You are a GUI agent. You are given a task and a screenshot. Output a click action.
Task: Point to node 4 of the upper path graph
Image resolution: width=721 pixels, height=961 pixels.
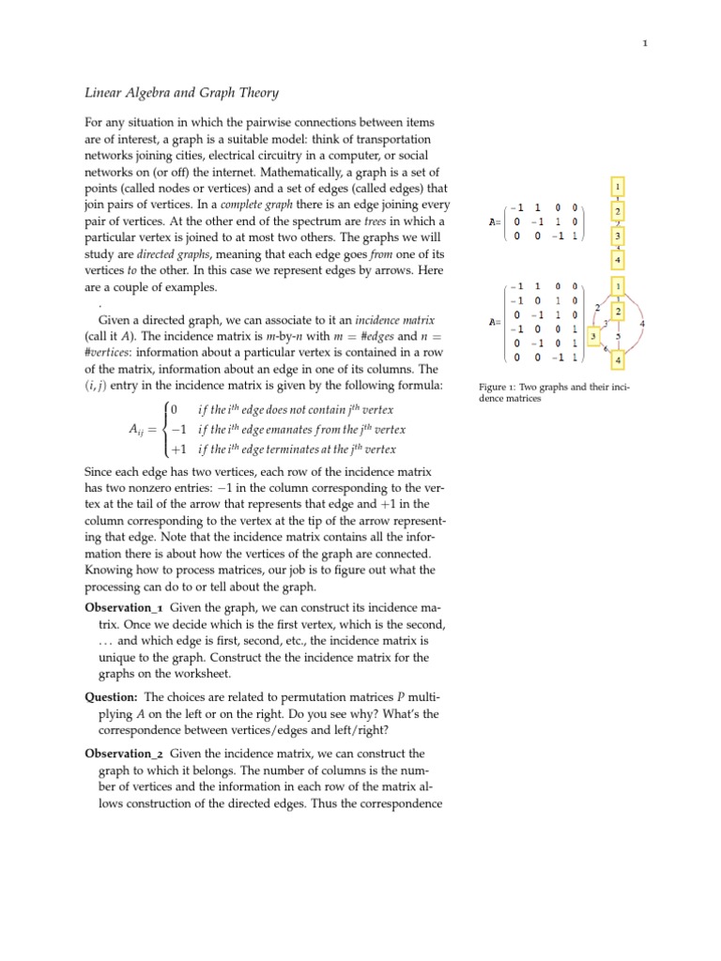(618, 258)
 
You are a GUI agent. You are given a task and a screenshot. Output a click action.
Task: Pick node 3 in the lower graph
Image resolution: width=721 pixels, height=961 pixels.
(592, 335)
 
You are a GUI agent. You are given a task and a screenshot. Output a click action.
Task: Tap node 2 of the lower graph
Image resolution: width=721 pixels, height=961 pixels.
(618, 311)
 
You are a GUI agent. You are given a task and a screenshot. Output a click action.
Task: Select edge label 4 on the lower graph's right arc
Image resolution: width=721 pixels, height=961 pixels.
(641, 324)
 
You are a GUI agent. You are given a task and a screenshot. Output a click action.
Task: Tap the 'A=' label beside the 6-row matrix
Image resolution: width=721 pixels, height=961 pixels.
(495, 322)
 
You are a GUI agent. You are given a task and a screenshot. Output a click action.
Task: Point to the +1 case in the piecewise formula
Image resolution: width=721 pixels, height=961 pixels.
(177, 449)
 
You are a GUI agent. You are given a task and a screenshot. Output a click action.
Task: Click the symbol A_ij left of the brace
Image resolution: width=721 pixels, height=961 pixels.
(139, 429)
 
